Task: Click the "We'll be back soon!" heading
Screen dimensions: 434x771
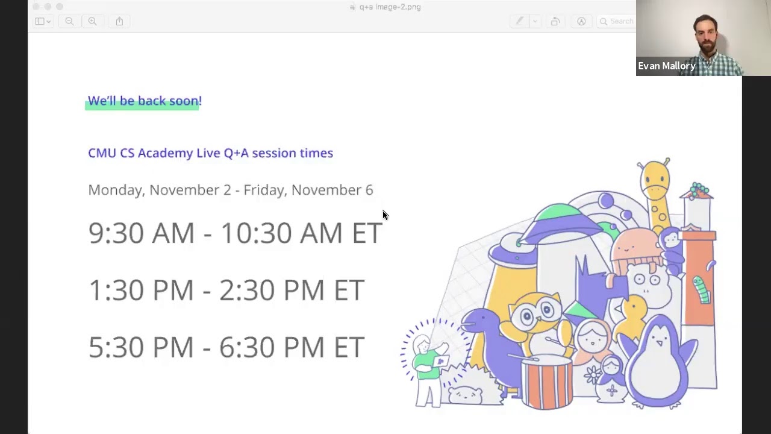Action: tap(145, 101)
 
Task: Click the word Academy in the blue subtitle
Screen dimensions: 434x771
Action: tap(165, 153)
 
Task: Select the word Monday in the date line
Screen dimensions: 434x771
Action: tap(116, 190)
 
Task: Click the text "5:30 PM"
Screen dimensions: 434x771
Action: tap(141, 347)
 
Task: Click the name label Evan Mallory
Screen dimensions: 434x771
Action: tap(666, 66)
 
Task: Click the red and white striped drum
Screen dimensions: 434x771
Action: tap(547, 382)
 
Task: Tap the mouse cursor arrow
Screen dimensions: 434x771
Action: tap(385, 215)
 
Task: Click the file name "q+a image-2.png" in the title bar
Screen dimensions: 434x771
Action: tap(390, 7)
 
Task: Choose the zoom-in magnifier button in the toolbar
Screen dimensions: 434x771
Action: tap(92, 21)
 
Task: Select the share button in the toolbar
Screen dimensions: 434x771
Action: tap(119, 21)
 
